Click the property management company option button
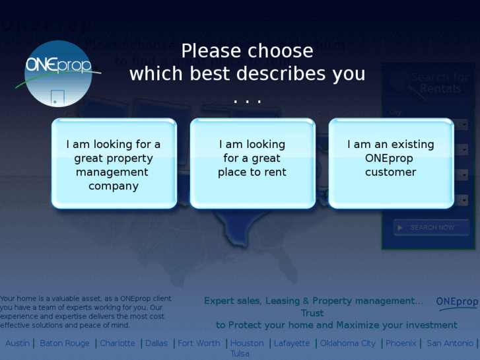point(114,164)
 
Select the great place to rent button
point(252,164)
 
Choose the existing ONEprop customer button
point(391,164)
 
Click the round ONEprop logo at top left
point(57,73)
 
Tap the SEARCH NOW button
point(431,228)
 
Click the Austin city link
point(18,343)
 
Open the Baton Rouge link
point(65,343)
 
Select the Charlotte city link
point(118,343)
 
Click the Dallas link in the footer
point(156,343)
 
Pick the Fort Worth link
point(199,343)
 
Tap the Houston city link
point(247,343)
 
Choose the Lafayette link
point(292,343)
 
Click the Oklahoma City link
point(348,343)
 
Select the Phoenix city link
point(401,343)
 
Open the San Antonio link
point(450,343)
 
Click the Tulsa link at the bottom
point(240,354)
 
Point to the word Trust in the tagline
point(312,313)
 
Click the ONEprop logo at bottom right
point(457,302)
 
